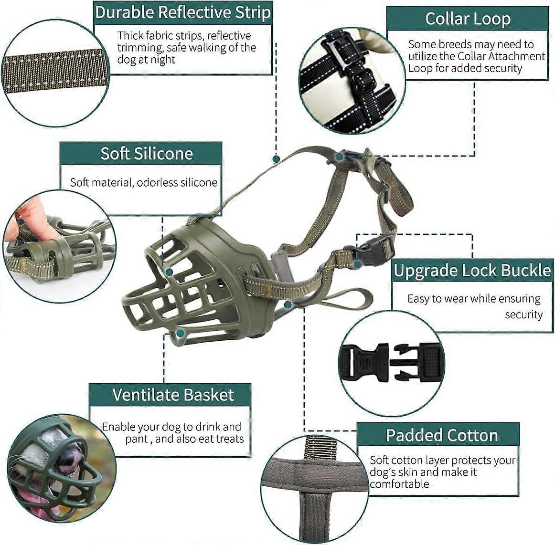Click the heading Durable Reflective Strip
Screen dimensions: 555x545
(x=183, y=13)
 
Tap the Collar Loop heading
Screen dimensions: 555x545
(x=468, y=19)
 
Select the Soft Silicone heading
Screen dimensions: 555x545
(x=147, y=154)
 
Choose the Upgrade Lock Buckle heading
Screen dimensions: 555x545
(x=472, y=271)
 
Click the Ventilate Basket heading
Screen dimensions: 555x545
(x=173, y=395)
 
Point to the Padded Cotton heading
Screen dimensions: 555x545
(x=442, y=435)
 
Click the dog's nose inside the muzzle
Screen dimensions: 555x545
(x=69, y=458)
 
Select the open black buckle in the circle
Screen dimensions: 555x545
(x=391, y=363)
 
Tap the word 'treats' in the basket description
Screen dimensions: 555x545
(x=230, y=439)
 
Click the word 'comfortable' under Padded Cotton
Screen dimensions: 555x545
(x=399, y=484)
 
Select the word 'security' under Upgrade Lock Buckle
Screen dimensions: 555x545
(x=523, y=315)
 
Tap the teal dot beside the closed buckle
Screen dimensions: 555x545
(x=357, y=264)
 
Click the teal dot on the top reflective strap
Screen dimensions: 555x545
(x=277, y=159)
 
